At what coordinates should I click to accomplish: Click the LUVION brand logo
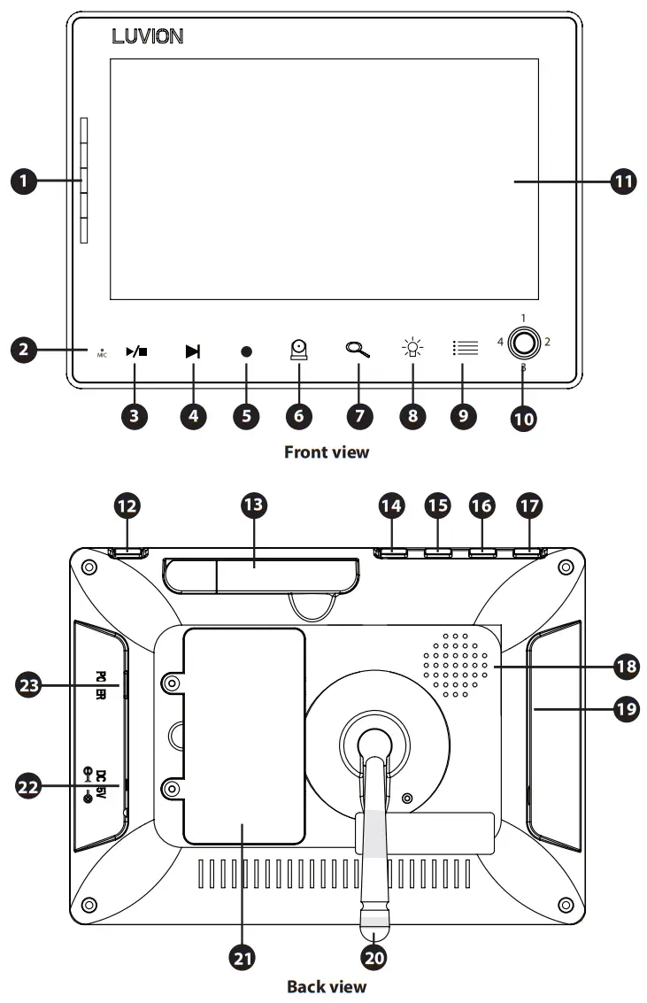point(147,37)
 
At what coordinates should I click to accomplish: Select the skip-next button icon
point(193,351)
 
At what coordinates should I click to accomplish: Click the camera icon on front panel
point(300,350)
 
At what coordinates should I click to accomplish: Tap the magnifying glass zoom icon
point(357,349)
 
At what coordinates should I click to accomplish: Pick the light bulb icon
point(412,348)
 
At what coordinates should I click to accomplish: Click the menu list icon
point(465,349)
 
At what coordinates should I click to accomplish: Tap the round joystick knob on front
point(523,342)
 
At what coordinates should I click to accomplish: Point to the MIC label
point(102,354)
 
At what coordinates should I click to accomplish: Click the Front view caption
point(326,452)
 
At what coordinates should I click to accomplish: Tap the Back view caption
point(326,985)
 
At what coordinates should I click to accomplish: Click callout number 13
point(256,506)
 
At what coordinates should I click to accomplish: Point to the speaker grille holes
point(456,665)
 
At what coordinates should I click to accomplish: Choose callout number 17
point(529,506)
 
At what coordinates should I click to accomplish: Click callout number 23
point(30,683)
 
